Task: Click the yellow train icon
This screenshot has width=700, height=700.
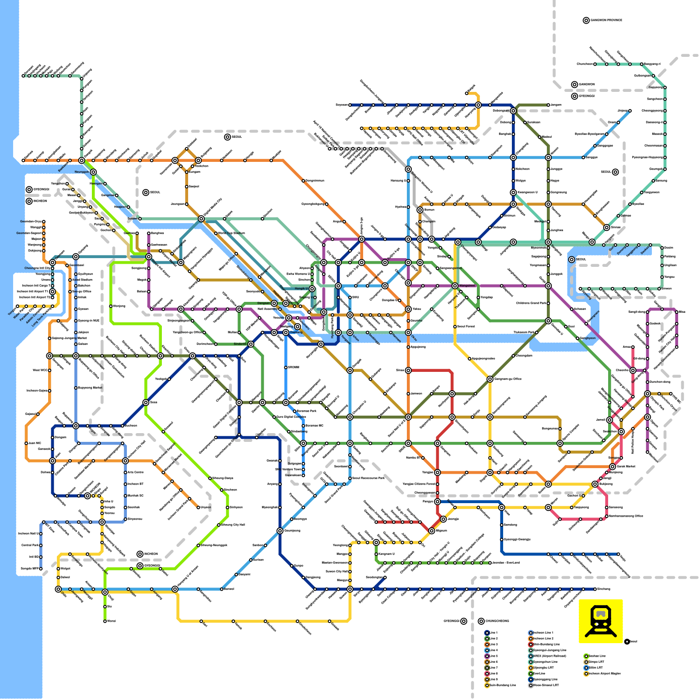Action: pyautogui.click(x=600, y=620)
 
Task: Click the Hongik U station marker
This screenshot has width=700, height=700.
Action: pyautogui.click(x=312, y=289)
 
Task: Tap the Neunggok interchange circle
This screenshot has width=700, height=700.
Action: pyautogui.click(x=93, y=172)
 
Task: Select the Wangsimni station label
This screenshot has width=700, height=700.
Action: pyautogui.click(x=467, y=286)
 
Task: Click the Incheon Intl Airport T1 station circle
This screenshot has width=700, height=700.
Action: pyautogui.click(x=52, y=291)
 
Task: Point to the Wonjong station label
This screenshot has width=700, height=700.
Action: pyautogui.click(x=119, y=306)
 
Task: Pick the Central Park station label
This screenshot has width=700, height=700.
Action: pyautogui.click(x=30, y=545)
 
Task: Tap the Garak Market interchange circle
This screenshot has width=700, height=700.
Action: pyautogui.click(x=612, y=467)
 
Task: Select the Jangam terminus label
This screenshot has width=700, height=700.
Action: pyautogui.click(x=556, y=105)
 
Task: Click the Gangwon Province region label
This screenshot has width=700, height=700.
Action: pyautogui.click(x=606, y=20)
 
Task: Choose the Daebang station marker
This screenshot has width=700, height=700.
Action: pyautogui.click(x=286, y=332)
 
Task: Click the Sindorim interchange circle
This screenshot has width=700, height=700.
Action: pyautogui.click(x=251, y=344)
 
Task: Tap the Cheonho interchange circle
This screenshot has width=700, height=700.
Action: pyautogui.click(x=633, y=371)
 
